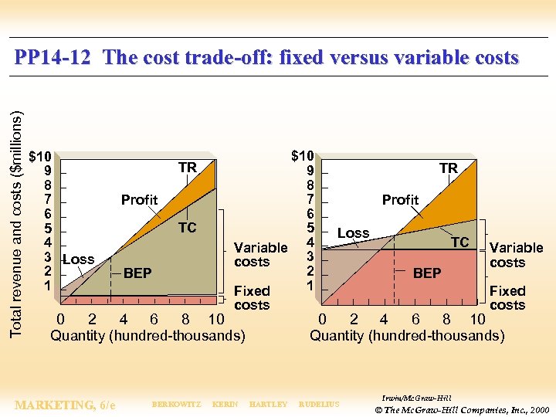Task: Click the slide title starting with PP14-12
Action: [267, 58]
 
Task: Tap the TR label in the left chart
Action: [187, 168]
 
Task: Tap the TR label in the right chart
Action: [448, 168]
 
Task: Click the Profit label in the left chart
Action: [139, 200]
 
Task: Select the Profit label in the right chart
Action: [400, 200]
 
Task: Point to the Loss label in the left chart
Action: [78, 259]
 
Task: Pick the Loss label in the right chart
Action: [353, 233]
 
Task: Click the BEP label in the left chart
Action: [137, 273]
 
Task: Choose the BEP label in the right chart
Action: [426, 273]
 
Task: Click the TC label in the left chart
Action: [187, 228]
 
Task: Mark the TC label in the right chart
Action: [459, 242]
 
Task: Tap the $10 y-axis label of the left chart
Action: [40, 156]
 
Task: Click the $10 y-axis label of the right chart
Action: [303, 156]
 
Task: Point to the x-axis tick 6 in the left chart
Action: [154, 320]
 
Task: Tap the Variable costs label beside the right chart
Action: [516, 255]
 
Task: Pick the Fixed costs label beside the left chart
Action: [252, 298]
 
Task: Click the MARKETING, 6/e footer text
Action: [66, 405]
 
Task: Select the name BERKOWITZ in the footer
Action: [176, 405]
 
